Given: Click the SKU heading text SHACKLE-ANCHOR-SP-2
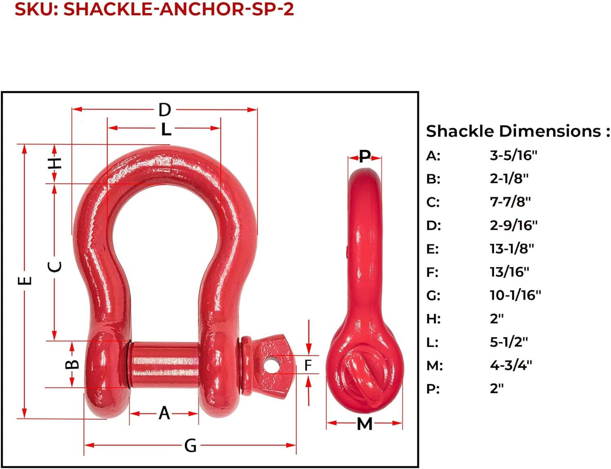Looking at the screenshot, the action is tap(178, 9).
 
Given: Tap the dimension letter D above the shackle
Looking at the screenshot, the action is tap(165, 110).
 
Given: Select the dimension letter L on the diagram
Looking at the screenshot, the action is tap(166, 129).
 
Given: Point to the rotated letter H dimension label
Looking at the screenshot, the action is tap(55, 164).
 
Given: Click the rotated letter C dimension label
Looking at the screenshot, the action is tap(55, 267).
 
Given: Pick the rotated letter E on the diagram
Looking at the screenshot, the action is tap(25, 281).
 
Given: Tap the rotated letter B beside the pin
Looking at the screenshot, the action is tap(72, 364).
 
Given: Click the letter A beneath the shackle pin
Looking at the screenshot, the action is tap(164, 413).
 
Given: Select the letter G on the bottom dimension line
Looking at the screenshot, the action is tap(190, 446).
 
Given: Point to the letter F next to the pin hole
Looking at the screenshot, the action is tap(308, 365).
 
